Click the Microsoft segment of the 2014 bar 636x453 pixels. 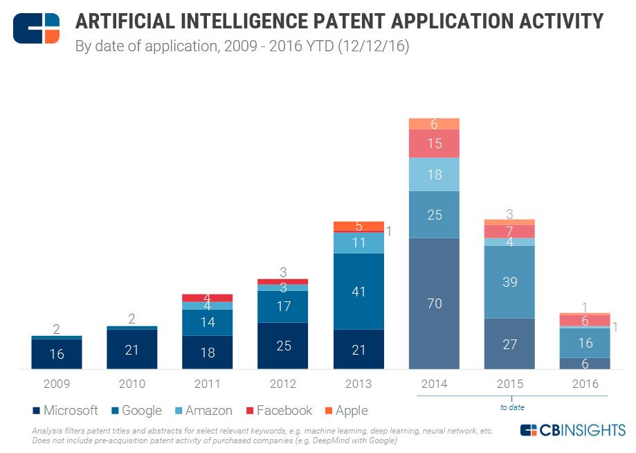434,303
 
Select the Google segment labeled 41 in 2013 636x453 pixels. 358,291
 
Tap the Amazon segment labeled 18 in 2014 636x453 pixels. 434,175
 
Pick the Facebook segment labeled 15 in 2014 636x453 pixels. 434,143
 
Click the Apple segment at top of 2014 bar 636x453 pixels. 434,124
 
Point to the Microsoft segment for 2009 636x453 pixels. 57,354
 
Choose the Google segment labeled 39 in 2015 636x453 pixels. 509,282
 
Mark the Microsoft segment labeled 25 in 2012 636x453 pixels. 283,345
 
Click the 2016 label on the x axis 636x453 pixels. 585,384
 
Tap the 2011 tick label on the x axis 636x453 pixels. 208,384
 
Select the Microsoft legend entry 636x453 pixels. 66,411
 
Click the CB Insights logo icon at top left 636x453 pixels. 36,28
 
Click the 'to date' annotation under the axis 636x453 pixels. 512,407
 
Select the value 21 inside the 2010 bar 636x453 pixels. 132,350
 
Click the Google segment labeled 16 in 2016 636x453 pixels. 585,342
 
